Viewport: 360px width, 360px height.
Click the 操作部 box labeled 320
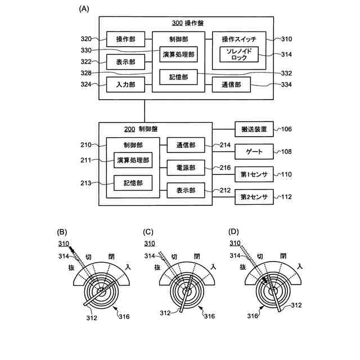[x=125, y=39]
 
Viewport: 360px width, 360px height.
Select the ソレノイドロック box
[x=239, y=55]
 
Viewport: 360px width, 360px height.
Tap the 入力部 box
[x=125, y=84]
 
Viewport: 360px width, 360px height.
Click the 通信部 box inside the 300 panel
[x=231, y=85]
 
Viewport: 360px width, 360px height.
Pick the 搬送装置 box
[x=254, y=129]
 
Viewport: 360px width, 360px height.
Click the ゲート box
[x=254, y=151]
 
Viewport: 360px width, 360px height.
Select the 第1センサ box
[x=254, y=174]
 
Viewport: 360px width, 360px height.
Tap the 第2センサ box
[x=254, y=197]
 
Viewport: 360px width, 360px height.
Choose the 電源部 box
[x=186, y=168]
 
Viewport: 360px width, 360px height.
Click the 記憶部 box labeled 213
[x=133, y=183]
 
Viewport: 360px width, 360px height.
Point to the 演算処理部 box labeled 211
[x=133, y=160]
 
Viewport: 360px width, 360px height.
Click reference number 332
[x=286, y=73]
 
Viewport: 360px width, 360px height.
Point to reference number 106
[x=286, y=129]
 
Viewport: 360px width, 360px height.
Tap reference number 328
[x=86, y=73]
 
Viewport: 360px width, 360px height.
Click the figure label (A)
[x=84, y=9]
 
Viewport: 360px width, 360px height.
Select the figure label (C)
[x=148, y=232]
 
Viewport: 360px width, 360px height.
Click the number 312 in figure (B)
[x=92, y=318]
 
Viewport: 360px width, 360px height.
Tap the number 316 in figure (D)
[x=253, y=316]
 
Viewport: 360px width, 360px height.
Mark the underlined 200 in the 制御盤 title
[x=129, y=129]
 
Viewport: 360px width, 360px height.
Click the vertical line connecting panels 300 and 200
[x=145, y=111]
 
